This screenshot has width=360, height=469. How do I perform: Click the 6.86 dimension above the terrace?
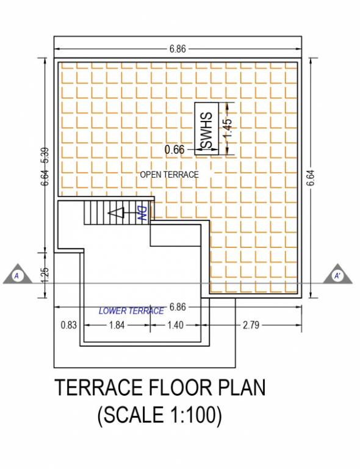(x=178, y=49)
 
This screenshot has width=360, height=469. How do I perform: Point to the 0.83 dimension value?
(x=68, y=325)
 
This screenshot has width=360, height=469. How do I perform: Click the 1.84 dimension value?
(x=117, y=325)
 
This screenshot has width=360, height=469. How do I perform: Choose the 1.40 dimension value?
(x=175, y=325)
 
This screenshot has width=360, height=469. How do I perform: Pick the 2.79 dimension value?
(x=251, y=325)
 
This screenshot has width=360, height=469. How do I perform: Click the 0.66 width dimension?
(x=175, y=149)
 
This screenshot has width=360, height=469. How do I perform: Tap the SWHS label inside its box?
(x=207, y=130)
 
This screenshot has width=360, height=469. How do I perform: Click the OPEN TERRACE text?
(x=170, y=175)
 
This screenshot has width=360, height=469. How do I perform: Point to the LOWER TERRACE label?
(x=131, y=311)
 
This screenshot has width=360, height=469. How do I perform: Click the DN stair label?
(x=141, y=213)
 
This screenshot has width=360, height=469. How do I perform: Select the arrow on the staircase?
(x=115, y=213)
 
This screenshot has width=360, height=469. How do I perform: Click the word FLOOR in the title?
(x=174, y=388)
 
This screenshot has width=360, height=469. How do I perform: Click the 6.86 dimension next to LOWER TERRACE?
(x=178, y=305)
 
